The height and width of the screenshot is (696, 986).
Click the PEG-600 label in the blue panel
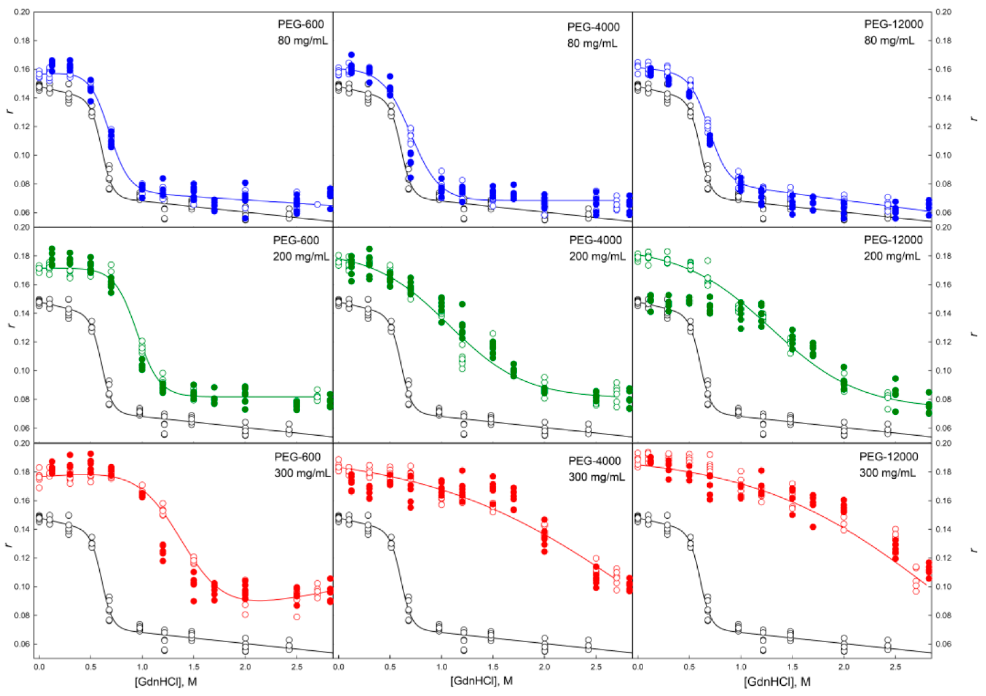coord(301,24)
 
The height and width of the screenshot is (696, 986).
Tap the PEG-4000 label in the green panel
coord(595,240)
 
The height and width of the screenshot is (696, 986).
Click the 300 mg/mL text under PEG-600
coord(302,473)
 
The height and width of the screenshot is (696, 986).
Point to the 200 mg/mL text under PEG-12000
coord(892,256)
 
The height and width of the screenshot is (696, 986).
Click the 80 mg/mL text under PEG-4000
coord(592,43)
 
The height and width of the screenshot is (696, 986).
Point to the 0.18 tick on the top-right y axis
coord(943,41)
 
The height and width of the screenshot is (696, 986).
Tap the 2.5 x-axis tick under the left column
coord(297,667)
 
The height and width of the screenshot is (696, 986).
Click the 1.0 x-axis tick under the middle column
coord(441,667)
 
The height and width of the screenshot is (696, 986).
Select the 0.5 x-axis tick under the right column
coord(689,667)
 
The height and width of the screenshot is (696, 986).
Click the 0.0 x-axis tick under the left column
coord(39,667)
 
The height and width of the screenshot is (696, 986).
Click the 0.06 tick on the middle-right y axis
coord(943,428)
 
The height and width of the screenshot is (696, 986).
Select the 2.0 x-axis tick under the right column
coord(844,667)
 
